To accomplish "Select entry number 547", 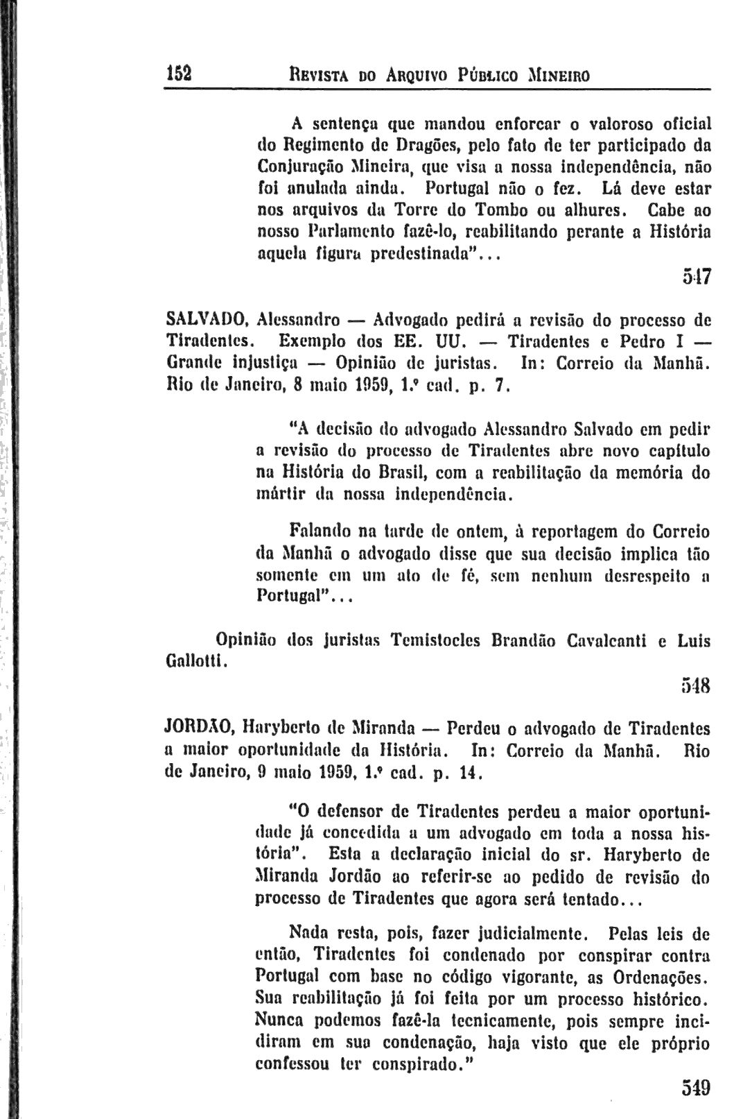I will point(694,279).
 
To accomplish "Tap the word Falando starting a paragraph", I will point(321,532).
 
